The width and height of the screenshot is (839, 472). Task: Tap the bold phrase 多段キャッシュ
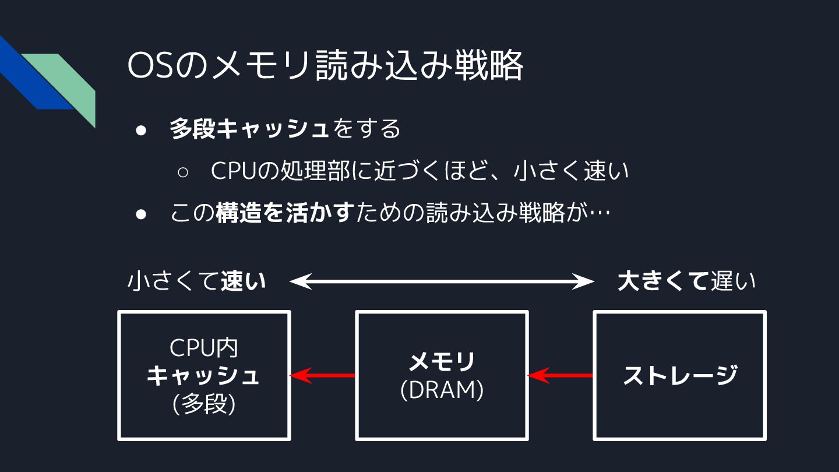[249, 129]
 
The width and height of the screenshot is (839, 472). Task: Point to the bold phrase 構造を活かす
[284, 214]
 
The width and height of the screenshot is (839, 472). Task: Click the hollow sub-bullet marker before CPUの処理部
[182, 172]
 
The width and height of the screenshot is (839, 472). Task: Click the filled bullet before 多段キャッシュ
[140, 130]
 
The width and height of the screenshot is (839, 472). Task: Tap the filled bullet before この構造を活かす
[140, 214]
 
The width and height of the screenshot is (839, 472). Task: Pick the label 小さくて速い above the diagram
[196, 281]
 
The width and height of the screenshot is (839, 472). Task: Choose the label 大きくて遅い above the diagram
[686, 281]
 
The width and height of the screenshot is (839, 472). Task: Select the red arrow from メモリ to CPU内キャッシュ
[323, 375]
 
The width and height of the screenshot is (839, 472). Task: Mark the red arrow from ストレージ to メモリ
[560, 375]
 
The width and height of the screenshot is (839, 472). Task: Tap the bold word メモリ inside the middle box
[442, 362]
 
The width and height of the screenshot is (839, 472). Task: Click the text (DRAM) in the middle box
[442, 391]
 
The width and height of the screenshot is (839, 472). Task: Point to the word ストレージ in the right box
[680, 375]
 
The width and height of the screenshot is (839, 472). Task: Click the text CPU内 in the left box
[204, 348]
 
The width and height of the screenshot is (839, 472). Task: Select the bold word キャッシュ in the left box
[203, 376]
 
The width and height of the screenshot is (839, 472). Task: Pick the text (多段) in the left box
[204, 404]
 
